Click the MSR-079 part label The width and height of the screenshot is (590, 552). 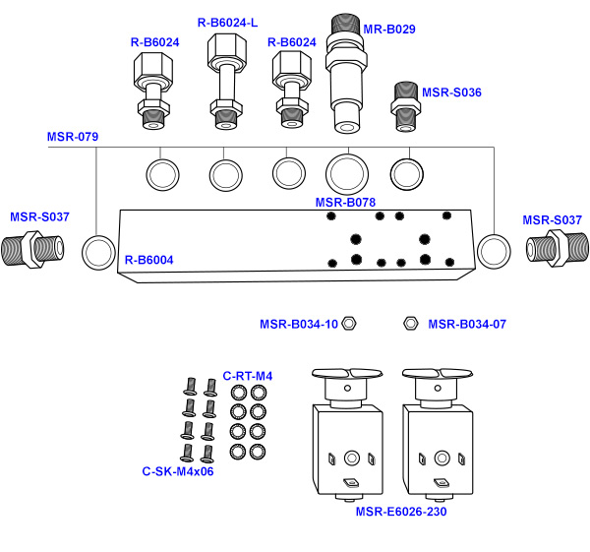73,137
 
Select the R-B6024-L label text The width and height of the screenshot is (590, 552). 228,22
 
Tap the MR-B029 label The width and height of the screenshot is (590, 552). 389,30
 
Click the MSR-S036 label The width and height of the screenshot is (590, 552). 452,92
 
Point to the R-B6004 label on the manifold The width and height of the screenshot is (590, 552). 148,261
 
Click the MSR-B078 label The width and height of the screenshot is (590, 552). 345,203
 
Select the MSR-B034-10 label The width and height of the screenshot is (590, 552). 299,324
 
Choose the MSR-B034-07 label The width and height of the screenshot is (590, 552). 467,324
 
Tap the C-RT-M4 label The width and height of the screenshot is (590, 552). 248,376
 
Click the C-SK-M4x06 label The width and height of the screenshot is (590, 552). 178,471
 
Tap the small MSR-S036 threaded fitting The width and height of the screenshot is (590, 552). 406,106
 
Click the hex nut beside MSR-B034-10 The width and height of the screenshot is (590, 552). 348,324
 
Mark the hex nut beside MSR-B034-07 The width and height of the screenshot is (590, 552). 412,324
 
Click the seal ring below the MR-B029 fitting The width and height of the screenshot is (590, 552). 345,174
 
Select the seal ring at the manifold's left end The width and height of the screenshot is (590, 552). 98,251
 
